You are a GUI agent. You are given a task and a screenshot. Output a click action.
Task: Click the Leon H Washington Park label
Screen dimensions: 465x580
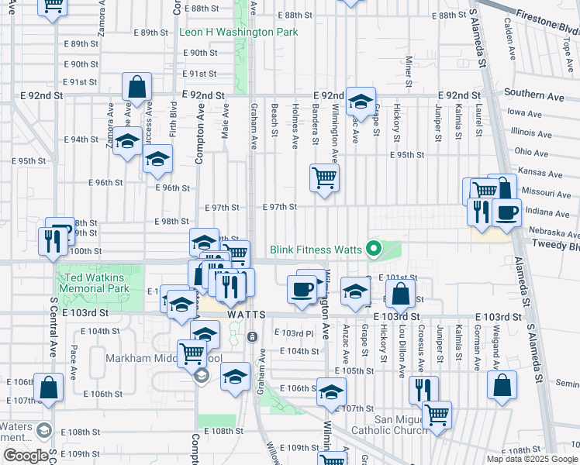[238, 33]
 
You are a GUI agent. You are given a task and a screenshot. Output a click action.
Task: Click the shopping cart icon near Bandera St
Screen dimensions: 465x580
[324, 178]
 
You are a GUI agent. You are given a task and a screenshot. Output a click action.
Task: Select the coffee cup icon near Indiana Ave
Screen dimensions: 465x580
[506, 212]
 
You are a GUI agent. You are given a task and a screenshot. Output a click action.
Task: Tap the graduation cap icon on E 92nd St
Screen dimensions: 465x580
[360, 102]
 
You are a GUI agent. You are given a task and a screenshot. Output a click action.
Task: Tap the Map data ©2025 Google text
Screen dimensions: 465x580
[532, 459]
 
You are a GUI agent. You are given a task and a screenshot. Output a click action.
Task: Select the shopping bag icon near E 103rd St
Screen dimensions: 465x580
[400, 294]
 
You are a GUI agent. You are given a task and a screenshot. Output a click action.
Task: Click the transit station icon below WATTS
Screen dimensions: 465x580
[252, 337]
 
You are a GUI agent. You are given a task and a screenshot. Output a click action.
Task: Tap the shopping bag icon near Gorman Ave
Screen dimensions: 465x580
[502, 384]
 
